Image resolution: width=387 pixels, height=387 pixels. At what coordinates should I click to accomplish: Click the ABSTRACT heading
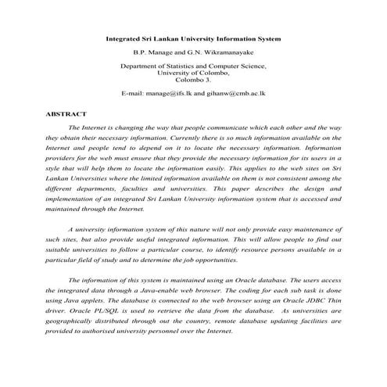[65, 113]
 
